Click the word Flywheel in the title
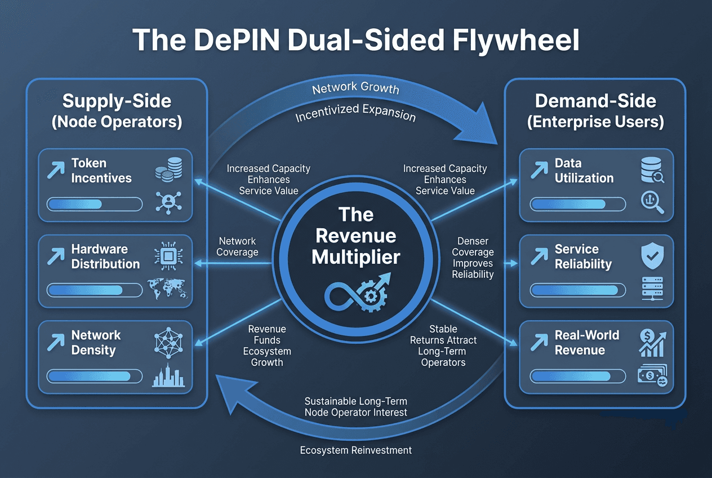[x=516, y=41]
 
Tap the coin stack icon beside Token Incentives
[x=169, y=170]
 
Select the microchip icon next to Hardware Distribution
[x=168, y=256]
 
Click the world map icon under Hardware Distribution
[x=167, y=289]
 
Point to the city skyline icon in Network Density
[x=168, y=375]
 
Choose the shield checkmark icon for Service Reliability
[x=652, y=256]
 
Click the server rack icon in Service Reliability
[x=652, y=289]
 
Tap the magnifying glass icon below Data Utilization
[x=652, y=202]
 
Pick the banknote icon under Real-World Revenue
[x=652, y=375]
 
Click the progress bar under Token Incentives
[x=95, y=204]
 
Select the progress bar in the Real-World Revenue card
[x=577, y=377]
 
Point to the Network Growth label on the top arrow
[x=355, y=88]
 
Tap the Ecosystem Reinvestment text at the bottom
[x=355, y=450]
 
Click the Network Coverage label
[x=237, y=246]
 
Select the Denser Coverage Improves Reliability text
[x=473, y=258]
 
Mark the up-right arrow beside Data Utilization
[x=539, y=170]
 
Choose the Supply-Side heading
[x=117, y=101]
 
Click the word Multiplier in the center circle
[x=355, y=257]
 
